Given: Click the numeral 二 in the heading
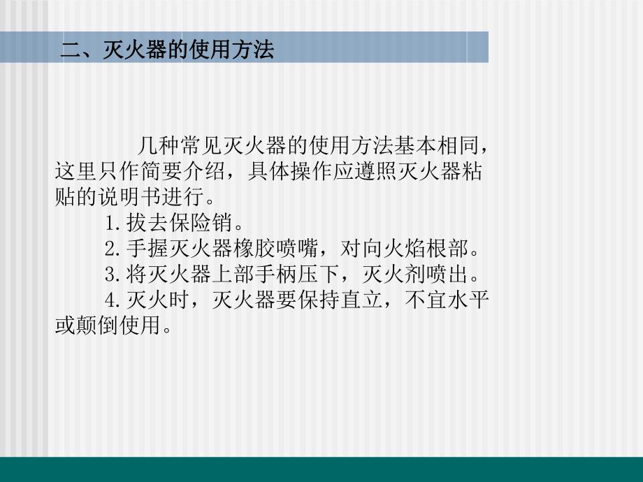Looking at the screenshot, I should [x=71, y=50].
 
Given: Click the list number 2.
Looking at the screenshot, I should [x=109, y=248].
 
